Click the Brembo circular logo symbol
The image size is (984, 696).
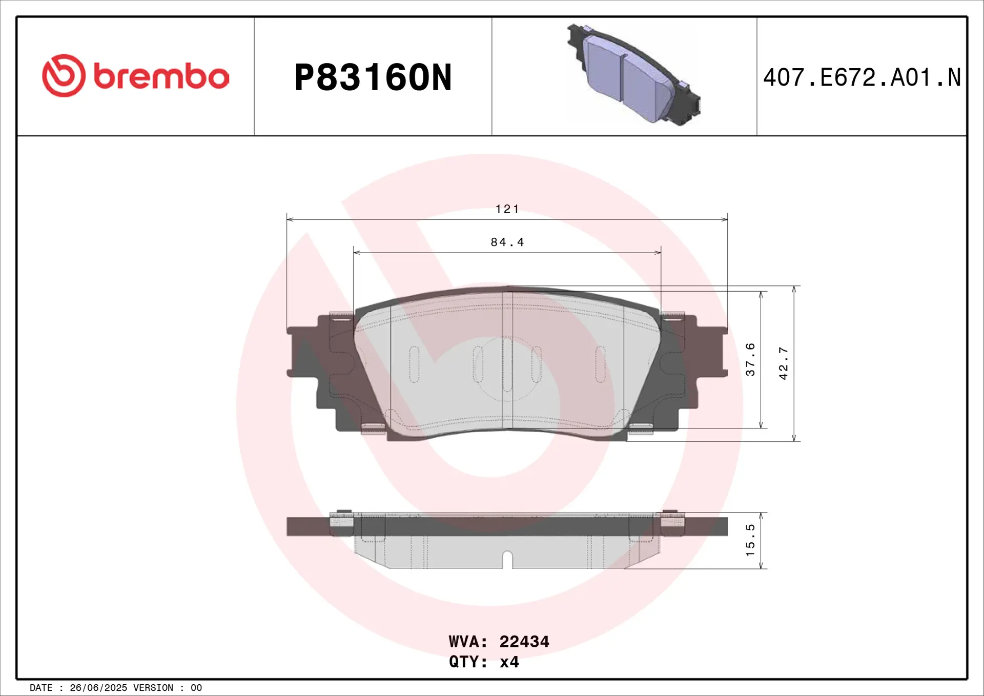[64, 75]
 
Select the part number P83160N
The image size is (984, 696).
[373, 78]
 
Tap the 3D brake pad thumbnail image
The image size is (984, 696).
[633, 74]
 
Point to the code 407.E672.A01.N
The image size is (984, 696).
[862, 78]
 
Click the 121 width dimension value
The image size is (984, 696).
[507, 209]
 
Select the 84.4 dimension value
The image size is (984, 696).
[507, 242]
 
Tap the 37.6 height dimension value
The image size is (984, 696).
[750, 360]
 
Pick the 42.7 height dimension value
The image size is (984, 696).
[784, 363]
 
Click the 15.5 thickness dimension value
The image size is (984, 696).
[750, 540]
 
